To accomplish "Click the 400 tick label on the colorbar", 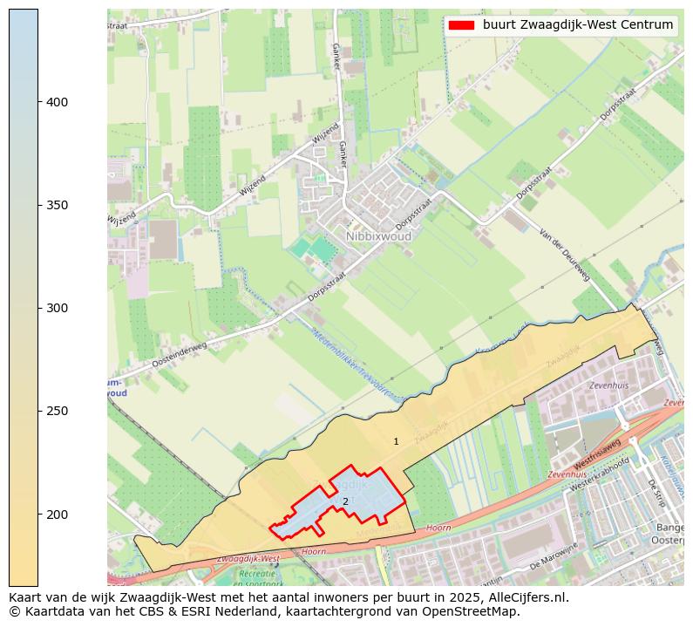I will [58, 102].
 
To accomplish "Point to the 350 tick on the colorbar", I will [58, 205].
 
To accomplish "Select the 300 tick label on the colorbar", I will [58, 308].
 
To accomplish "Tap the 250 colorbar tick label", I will [58, 411].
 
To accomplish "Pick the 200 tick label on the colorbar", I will [58, 514].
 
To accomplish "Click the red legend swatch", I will [460, 25].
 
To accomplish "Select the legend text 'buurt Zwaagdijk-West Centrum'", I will [577, 25].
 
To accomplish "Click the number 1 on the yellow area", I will [396, 442].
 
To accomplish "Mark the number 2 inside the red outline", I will [345, 501].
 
